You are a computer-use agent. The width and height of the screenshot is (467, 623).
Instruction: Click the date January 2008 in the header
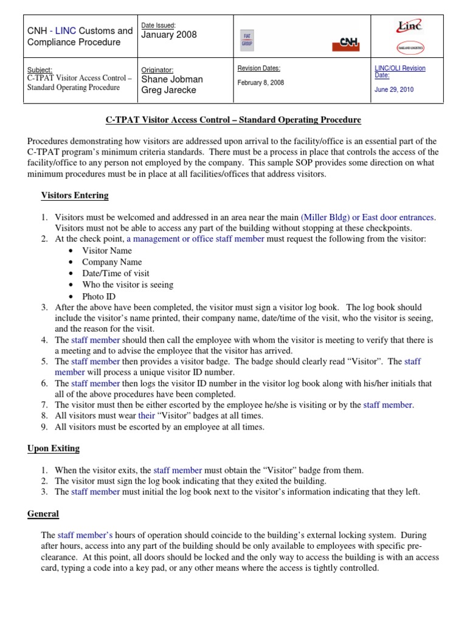point(169,35)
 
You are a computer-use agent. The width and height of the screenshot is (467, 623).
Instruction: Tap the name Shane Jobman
point(172,79)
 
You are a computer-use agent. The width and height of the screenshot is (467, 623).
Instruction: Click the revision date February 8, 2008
point(260,83)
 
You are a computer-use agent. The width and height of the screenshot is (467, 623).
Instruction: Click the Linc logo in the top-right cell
point(409,26)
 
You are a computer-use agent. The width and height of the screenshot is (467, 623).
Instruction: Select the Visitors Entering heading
point(75,196)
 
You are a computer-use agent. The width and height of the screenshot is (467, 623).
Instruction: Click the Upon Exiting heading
point(54,449)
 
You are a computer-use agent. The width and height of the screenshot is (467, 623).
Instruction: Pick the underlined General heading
point(43,514)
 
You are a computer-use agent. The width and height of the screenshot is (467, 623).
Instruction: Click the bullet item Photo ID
point(99,296)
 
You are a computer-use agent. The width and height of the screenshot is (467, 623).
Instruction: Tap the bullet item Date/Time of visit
point(116,274)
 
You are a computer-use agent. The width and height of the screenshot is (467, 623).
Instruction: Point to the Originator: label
point(157,70)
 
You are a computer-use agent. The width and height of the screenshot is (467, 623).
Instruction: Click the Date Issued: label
point(159,25)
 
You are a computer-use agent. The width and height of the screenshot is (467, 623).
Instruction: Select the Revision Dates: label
point(258,68)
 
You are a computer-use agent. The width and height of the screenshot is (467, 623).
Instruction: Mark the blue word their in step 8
point(147,416)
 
